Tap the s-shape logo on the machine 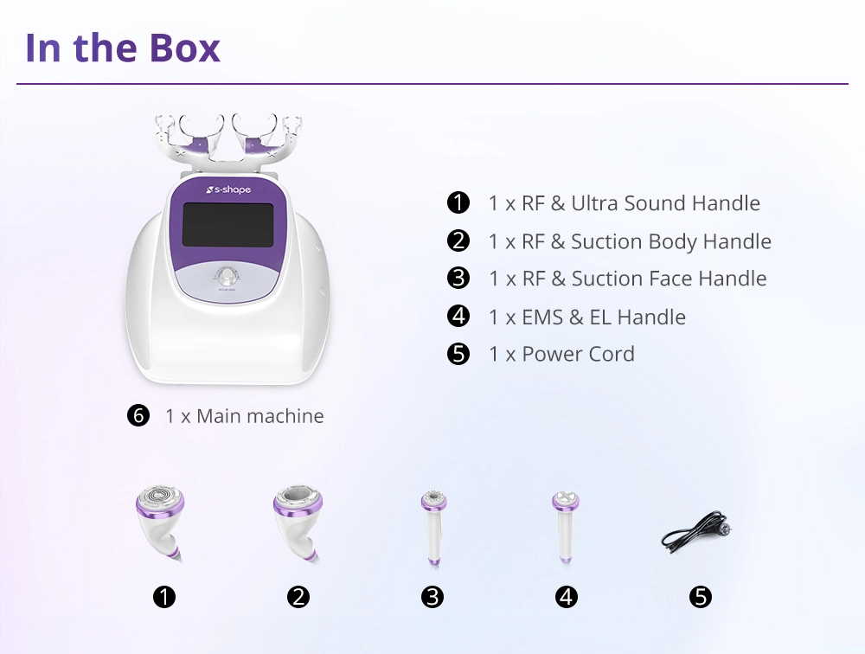(227, 189)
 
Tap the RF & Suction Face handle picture (432, 528)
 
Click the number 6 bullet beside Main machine (138, 416)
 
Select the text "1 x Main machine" (245, 416)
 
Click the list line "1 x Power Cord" (561, 354)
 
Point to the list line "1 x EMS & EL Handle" (586, 317)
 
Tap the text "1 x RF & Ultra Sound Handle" (624, 203)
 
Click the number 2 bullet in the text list (458, 241)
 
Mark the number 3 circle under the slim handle (432, 597)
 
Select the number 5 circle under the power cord (700, 597)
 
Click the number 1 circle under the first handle (163, 597)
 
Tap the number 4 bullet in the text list (458, 317)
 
